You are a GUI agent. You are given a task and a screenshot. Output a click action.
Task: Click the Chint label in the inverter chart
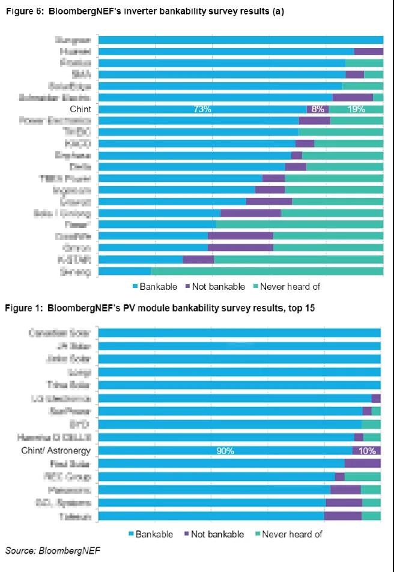pyautogui.click(x=80, y=109)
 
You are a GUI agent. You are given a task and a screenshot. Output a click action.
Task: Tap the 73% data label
pyautogui.click(x=202, y=109)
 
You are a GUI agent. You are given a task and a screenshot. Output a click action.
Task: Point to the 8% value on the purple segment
pyautogui.click(x=318, y=109)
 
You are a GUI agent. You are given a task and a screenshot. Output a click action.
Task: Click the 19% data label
pyautogui.click(x=356, y=109)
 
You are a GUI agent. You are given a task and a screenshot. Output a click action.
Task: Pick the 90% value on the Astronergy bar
pyautogui.click(x=225, y=451)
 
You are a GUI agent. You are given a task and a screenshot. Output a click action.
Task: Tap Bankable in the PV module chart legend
pyautogui.click(x=154, y=534)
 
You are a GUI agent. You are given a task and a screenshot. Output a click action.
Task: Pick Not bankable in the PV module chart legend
pyautogui.click(x=217, y=534)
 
